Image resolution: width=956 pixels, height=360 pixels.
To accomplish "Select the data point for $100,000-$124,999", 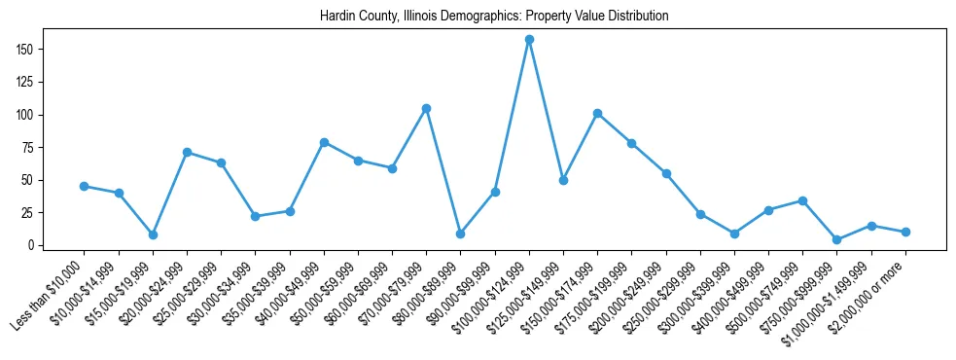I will click(x=529, y=40).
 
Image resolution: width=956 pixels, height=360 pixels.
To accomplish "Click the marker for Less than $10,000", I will click(x=85, y=186).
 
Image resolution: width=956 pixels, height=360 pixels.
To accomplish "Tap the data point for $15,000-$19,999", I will click(x=153, y=234).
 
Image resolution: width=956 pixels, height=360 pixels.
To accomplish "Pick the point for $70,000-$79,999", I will click(x=426, y=108).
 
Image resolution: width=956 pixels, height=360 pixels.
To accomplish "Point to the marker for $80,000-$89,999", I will click(x=460, y=234).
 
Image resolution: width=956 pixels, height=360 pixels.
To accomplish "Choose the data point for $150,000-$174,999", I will click(x=597, y=113).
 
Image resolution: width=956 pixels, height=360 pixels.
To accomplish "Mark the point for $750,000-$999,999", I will click(x=836, y=239).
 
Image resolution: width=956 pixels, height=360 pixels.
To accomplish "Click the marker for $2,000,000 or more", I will click(x=905, y=232).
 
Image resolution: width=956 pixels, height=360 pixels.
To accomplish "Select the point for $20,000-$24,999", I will click(x=187, y=152).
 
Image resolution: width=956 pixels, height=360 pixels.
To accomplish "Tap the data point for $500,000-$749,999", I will click(x=802, y=200).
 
